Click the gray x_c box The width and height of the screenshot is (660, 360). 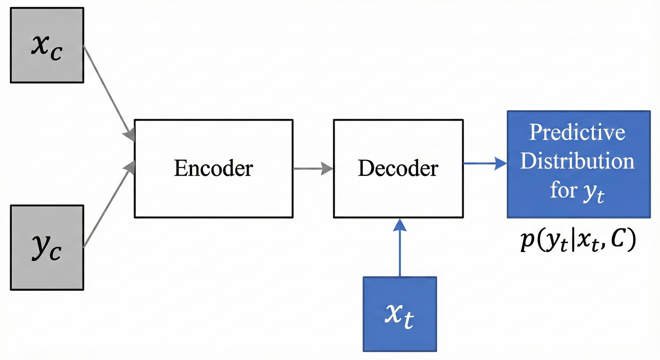[x=47, y=45]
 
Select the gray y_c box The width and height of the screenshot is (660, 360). [x=47, y=247]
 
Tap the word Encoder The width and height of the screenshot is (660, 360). [x=214, y=168]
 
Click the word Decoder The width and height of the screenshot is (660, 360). [x=398, y=168]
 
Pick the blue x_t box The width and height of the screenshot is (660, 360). [x=400, y=314]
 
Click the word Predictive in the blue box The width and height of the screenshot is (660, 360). [x=577, y=132]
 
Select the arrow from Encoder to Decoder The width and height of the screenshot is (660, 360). [x=313, y=169]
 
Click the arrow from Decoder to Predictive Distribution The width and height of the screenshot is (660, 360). [x=485, y=163]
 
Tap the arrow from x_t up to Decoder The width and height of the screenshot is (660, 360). [x=400, y=247]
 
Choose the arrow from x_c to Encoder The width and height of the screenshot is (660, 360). [x=109, y=94]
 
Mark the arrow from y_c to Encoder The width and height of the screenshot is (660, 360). [x=109, y=204]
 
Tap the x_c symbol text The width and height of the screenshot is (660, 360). [x=47, y=48]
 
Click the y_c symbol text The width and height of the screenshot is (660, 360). [x=47, y=247]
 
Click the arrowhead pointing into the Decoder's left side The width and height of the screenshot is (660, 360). [x=327, y=169]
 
